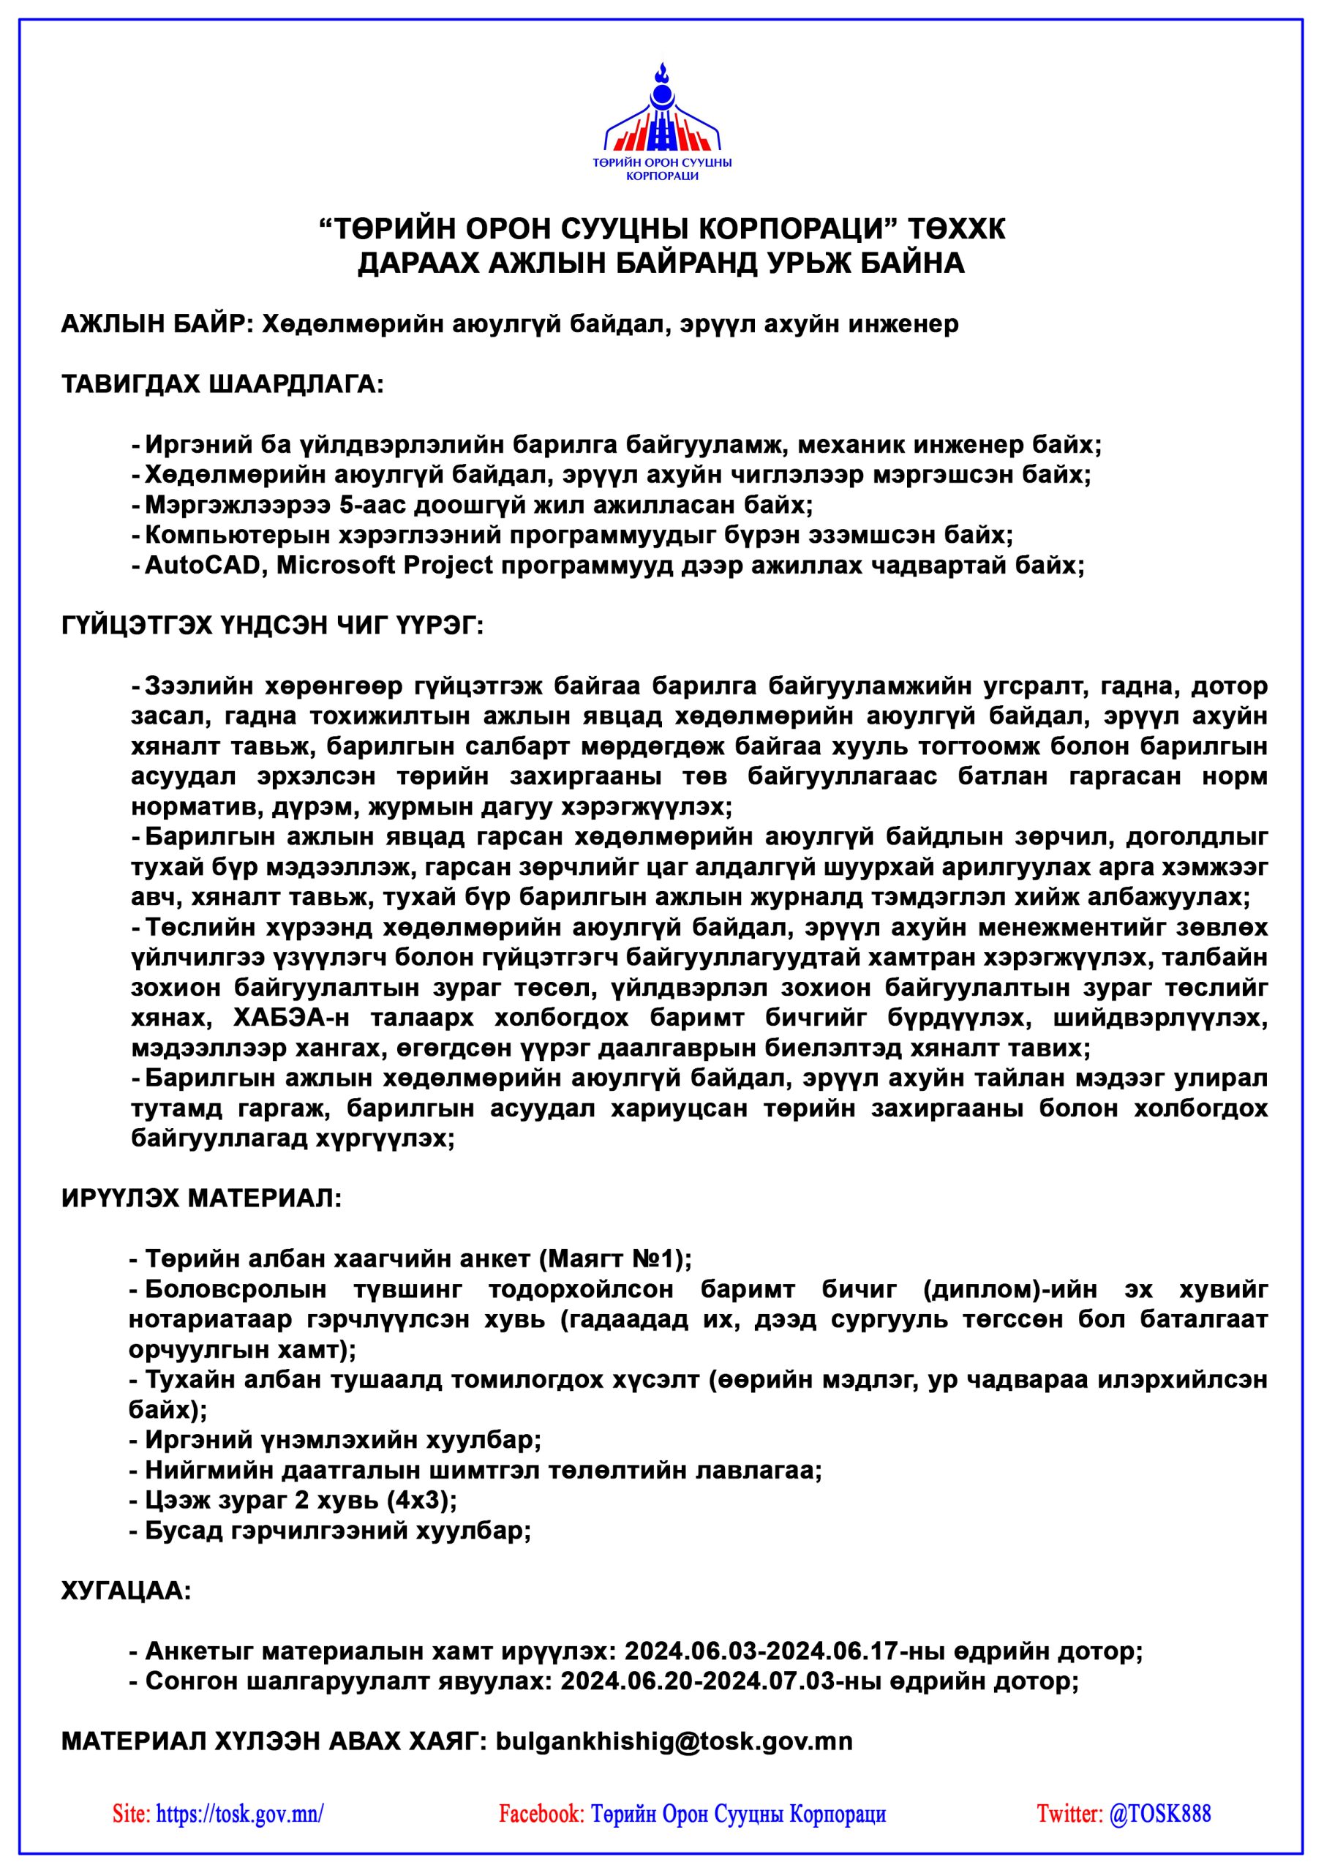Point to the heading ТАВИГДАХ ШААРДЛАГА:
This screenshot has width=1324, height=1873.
coord(222,384)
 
